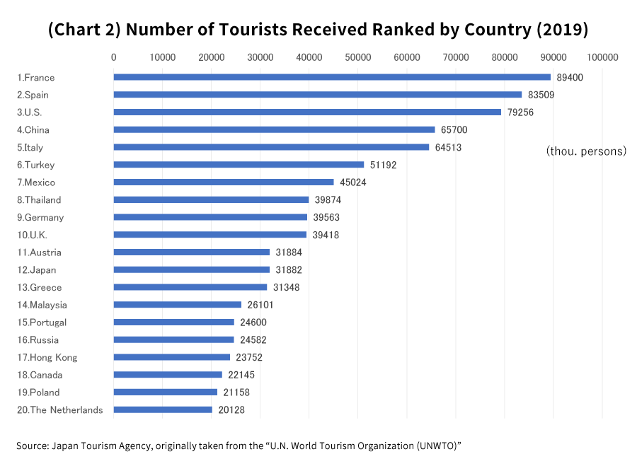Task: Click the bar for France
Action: pyautogui.click(x=331, y=77)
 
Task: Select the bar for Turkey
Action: pyautogui.click(x=239, y=165)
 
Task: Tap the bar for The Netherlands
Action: pyautogui.click(x=163, y=409)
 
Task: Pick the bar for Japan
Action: pyautogui.click(x=191, y=269)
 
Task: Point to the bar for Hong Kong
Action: pyautogui.click(x=171, y=357)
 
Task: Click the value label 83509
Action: pyautogui.click(x=541, y=95)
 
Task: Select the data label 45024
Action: pyautogui.click(x=353, y=182)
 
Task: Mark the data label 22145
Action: pyautogui.click(x=241, y=375)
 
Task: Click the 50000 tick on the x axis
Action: pyautogui.click(x=357, y=57)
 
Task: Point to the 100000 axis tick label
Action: pyautogui.click(x=602, y=57)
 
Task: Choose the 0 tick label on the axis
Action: pyautogui.click(x=113, y=57)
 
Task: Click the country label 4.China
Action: pyautogui.click(x=33, y=130)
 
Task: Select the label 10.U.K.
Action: pyautogui.click(x=32, y=235)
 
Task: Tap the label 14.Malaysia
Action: pyautogui.click(x=42, y=305)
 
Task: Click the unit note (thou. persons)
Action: pyautogui.click(x=586, y=151)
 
